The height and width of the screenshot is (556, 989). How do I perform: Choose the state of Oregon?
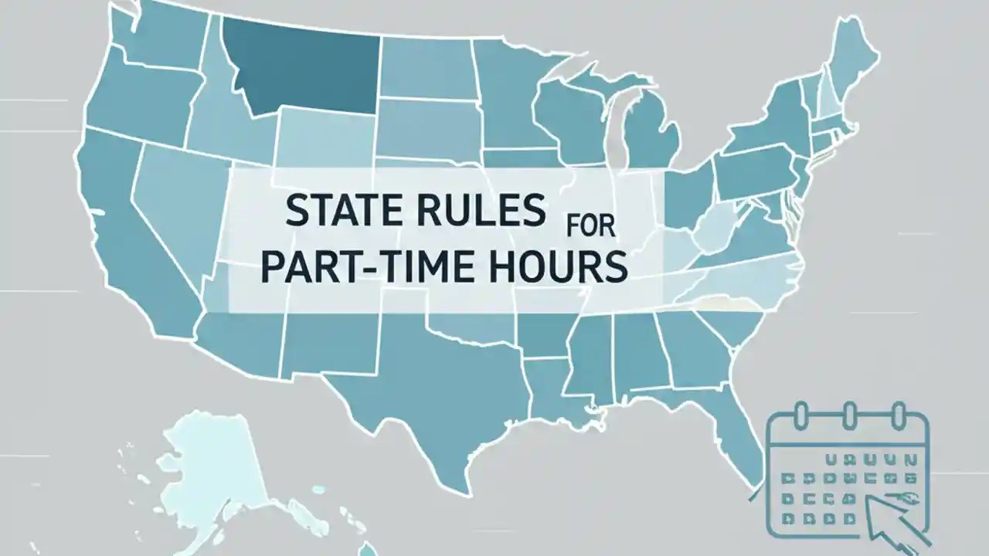(x=139, y=100)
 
